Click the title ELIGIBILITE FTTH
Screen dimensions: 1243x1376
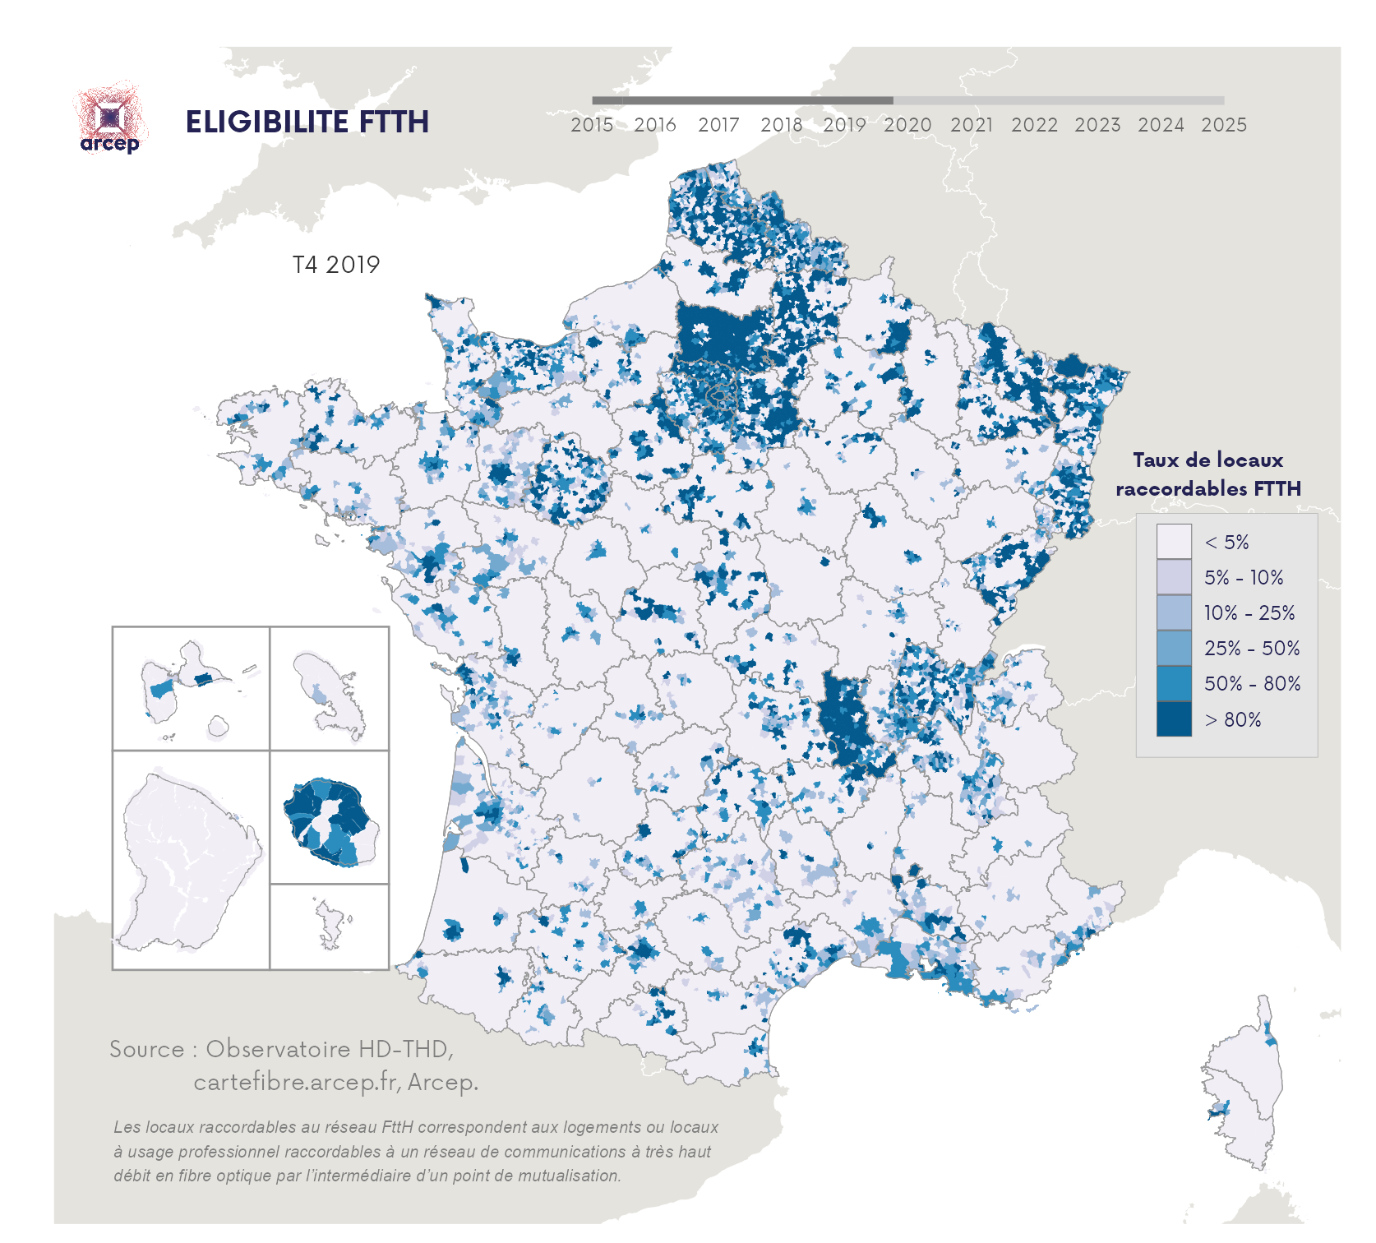click(x=307, y=122)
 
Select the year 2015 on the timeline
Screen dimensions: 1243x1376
click(x=592, y=125)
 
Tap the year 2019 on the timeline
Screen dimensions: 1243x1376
click(x=844, y=125)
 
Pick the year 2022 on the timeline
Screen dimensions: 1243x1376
click(x=1034, y=125)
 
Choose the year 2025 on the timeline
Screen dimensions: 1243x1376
click(x=1223, y=125)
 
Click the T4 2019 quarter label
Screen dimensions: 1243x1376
click(x=336, y=265)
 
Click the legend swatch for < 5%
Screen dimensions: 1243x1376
click(x=1173, y=542)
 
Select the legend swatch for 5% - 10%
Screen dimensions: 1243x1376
click(x=1173, y=577)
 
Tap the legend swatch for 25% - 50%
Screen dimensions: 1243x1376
click(x=1173, y=648)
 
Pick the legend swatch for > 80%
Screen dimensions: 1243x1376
click(x=1173, y=719)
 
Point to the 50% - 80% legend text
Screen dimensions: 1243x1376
click(x=1252, y=683)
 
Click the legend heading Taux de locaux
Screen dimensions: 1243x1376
click(x=1207, y=460)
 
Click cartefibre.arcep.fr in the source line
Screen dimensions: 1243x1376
click(x=296, y=1082)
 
